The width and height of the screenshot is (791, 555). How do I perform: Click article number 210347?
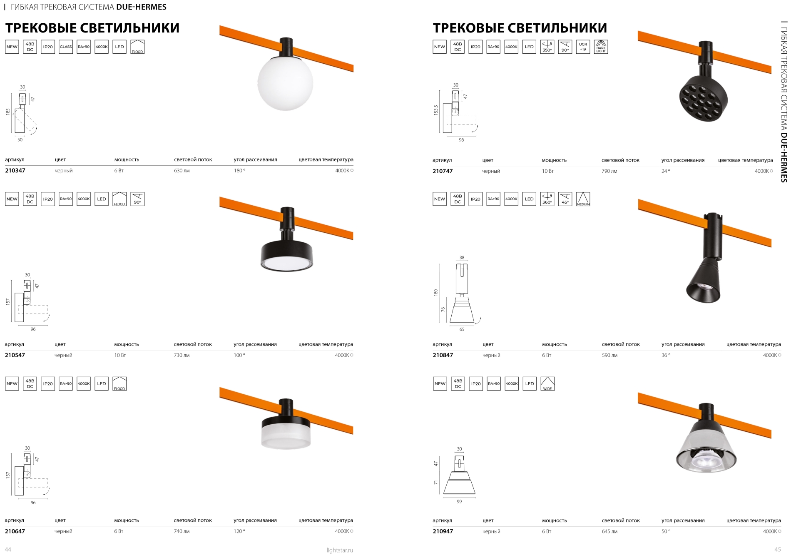click(x=15, y=171)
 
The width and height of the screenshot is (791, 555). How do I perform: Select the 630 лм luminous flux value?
click(x=182, y=171)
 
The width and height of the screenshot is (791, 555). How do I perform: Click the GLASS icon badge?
click(x=66, y=47)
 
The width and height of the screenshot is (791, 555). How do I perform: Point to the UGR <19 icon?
click(x=583, y=47)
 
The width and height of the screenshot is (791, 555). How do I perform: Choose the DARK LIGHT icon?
click(x=601, y=47)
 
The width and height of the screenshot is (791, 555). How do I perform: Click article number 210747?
click(x=443, y=171)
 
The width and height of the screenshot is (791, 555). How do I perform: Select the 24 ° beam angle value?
click(x=666, y=171)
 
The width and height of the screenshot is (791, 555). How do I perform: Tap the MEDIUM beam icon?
click(x=583, y=199)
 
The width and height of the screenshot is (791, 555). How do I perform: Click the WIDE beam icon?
click(x=547, y=383)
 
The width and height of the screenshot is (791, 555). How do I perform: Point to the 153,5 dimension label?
click(x=436, y=110)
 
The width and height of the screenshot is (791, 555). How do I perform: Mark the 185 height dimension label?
click(x=8, y=112)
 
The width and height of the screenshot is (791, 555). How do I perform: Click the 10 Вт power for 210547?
click(x=120, y=355)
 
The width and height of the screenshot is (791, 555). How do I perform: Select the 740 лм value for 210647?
click(x=182, y=531)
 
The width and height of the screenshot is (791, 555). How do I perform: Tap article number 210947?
click(x=443, y=531)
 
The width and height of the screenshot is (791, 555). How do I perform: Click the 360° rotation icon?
click(x=547, y=199)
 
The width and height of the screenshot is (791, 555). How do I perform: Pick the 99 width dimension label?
click(x=459, y=502)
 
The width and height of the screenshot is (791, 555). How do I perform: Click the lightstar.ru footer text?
click(x=340, y=550)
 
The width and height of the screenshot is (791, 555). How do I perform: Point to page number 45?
click(x=777, y=550)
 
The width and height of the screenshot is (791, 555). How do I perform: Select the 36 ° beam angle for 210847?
click(x=666, y=355)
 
